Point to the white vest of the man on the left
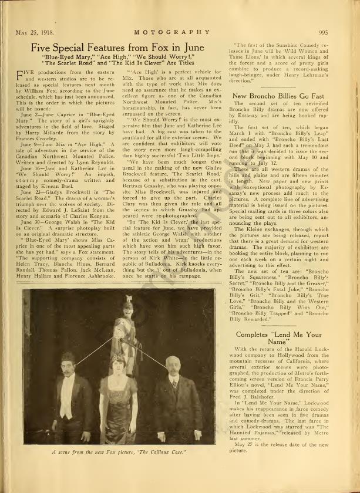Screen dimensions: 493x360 coord(69,399)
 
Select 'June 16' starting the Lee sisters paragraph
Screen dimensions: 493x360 coord(31,168)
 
